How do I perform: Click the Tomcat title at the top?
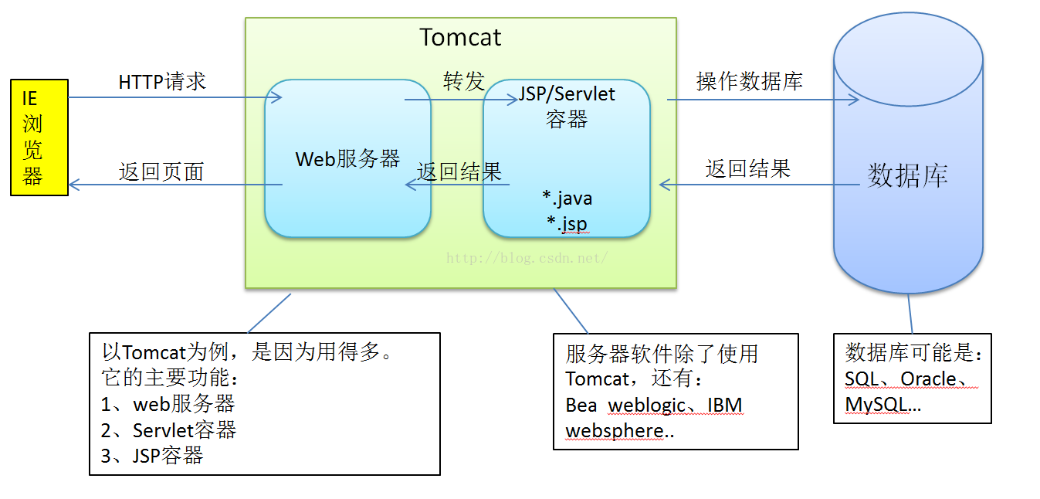pos(460,37)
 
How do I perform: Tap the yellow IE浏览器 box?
pos(39,137)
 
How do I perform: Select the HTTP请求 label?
pos(162,82)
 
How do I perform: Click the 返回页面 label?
pos(161,171)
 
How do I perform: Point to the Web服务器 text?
pos(347,159)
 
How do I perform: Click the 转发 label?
pos(464,81)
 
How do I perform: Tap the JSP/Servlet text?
pos(567,94)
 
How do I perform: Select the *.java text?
pos(567,199)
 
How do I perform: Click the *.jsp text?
pos(567,223)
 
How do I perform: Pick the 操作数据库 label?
pos(750,81)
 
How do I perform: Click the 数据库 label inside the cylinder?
pos(908,175)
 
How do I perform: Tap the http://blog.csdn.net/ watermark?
pos(527,258)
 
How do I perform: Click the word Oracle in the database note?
pos(928,379)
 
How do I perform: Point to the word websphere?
pos(615,431)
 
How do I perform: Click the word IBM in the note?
pos(725,405)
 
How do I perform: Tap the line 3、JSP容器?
pos(152,456)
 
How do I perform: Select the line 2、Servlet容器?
pos(168,430)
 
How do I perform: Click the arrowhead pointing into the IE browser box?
pos(74,185)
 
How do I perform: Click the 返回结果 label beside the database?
pos(748,168)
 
